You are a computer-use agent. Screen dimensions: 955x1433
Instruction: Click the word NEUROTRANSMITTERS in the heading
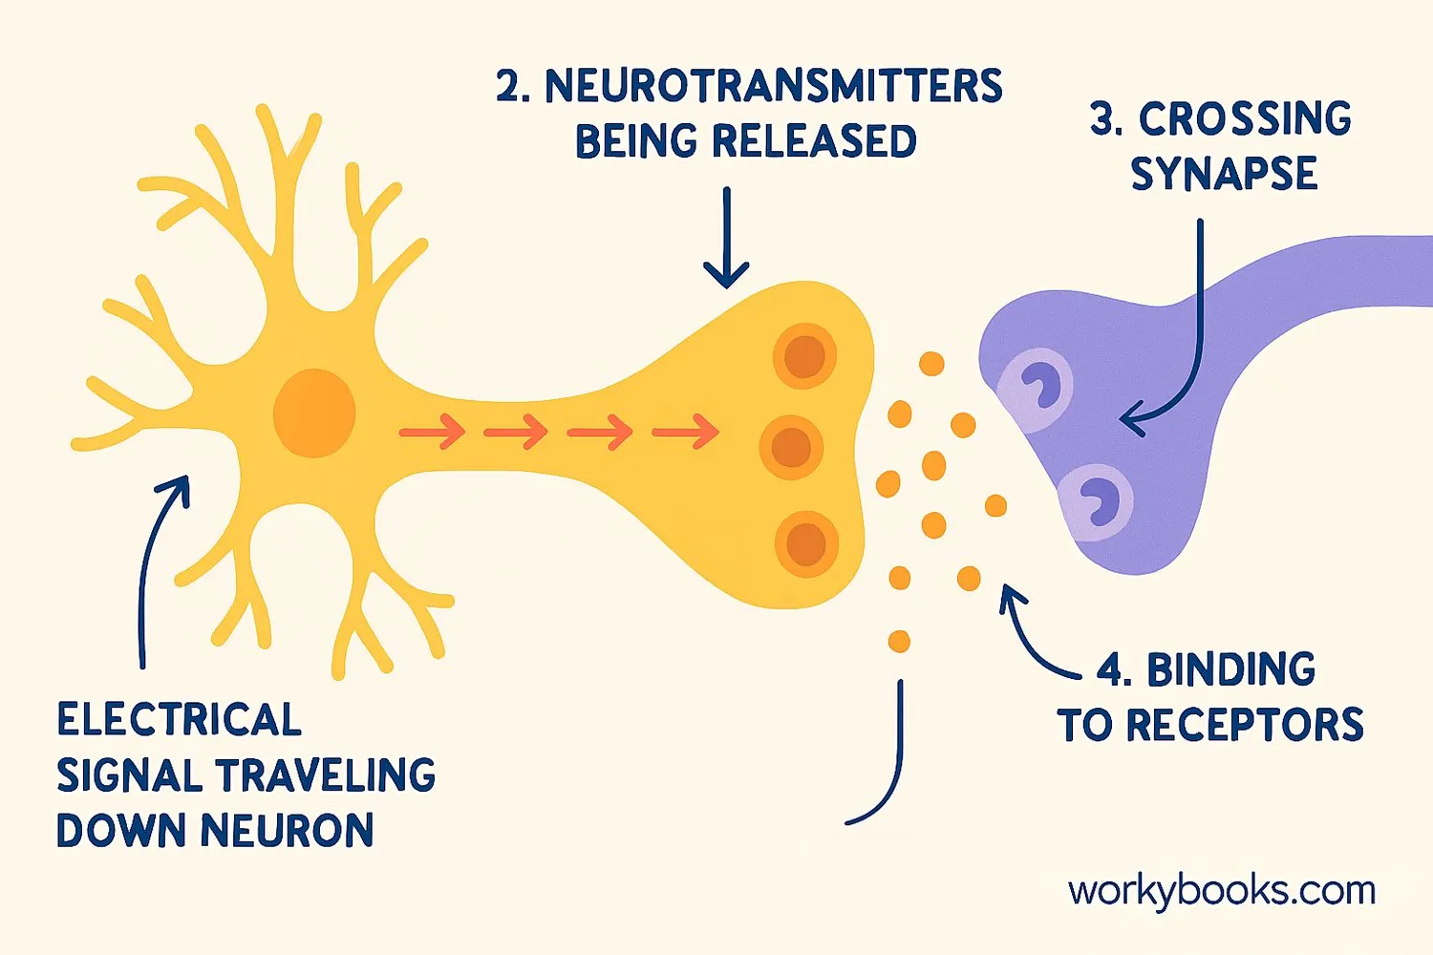[773, 86]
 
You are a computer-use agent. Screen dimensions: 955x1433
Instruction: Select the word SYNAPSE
[1224, 174]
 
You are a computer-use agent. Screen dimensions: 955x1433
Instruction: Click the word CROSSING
[1245, 119]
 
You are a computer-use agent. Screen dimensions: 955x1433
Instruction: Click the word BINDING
[1230, 670]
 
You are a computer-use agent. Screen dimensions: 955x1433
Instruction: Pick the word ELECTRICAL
[179, 720]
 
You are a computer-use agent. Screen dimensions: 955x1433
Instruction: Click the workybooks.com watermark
[1222, 891]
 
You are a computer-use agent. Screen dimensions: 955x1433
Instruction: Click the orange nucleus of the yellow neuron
[314, 414]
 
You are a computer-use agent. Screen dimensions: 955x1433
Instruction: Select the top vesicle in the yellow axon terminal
[804, 356]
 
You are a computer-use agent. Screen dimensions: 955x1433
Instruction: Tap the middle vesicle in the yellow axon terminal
[791, 447]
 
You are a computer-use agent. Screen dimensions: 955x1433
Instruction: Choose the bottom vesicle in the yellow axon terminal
[806, 544]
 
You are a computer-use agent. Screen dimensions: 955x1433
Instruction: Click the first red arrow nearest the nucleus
[432, 432]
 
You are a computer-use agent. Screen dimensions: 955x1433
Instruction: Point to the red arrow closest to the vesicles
[686, 432]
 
